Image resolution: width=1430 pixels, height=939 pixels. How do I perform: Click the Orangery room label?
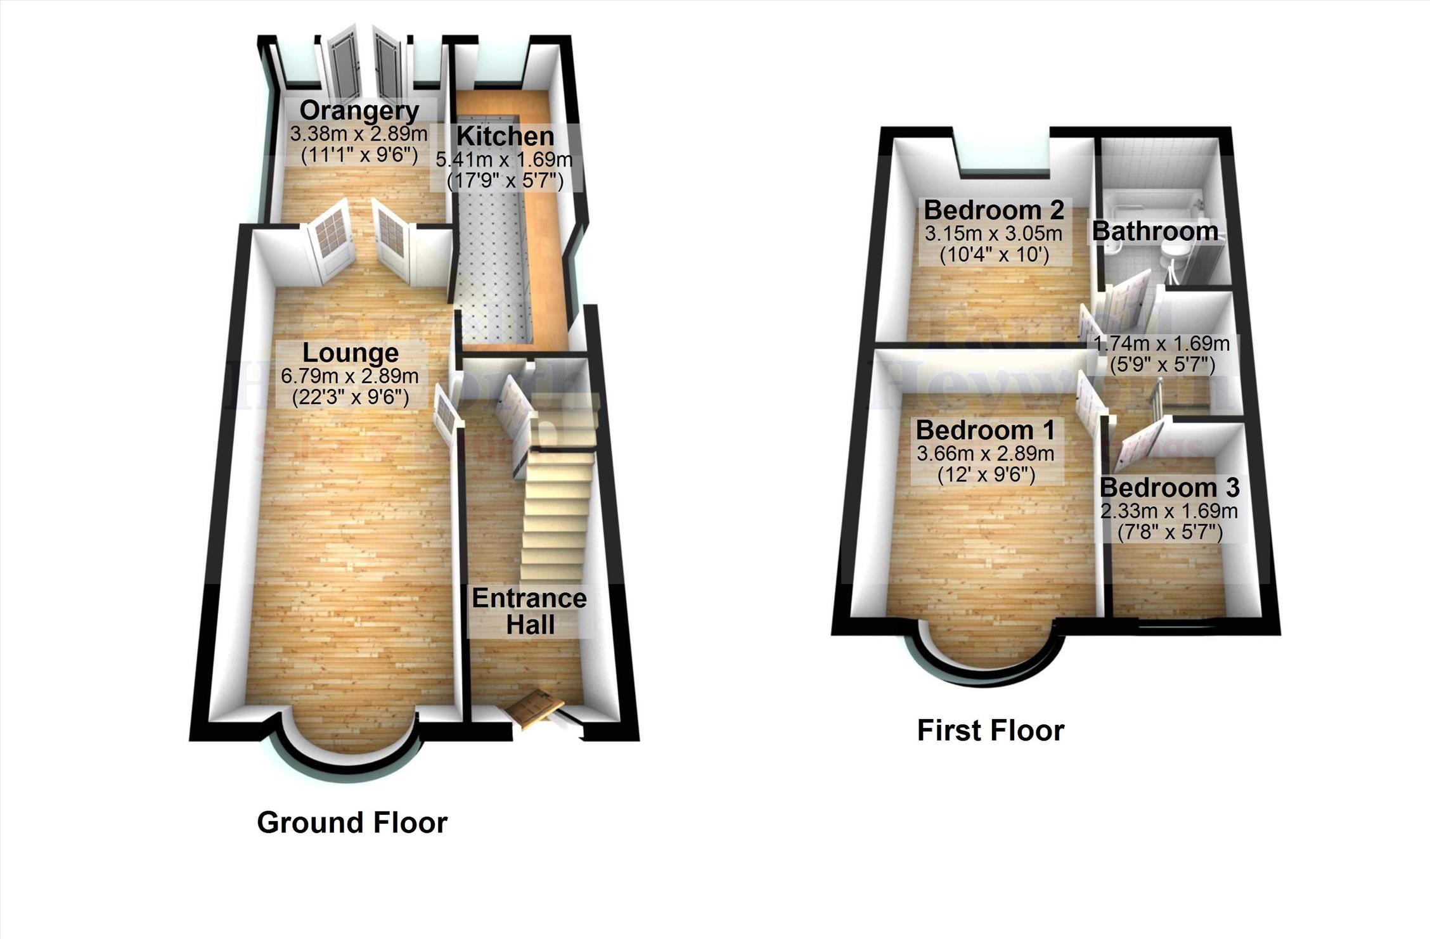(359, 111)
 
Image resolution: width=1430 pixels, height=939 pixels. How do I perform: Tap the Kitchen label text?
(505, 136)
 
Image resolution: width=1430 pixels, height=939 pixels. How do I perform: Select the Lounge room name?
(351, 353)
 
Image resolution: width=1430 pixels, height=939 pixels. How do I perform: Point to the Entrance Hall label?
(530, 611)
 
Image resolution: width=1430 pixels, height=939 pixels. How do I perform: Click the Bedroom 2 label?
(993, 210)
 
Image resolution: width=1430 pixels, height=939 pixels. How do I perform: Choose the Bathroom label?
(1155, 231)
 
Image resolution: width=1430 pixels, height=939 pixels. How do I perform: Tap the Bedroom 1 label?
(986, 431)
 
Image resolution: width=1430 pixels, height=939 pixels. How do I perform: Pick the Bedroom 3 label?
(1169, 488)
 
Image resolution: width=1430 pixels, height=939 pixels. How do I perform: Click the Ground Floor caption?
(352, 822)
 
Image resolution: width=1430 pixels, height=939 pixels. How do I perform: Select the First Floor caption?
(991, 731)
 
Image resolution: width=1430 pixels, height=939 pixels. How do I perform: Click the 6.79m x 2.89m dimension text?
(350, 376)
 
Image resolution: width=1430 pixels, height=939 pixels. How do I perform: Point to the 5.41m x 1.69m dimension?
(504, 159)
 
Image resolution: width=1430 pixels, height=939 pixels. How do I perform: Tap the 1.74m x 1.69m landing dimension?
(1162, 344)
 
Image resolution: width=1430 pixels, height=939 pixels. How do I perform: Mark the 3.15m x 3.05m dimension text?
(993, 234)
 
